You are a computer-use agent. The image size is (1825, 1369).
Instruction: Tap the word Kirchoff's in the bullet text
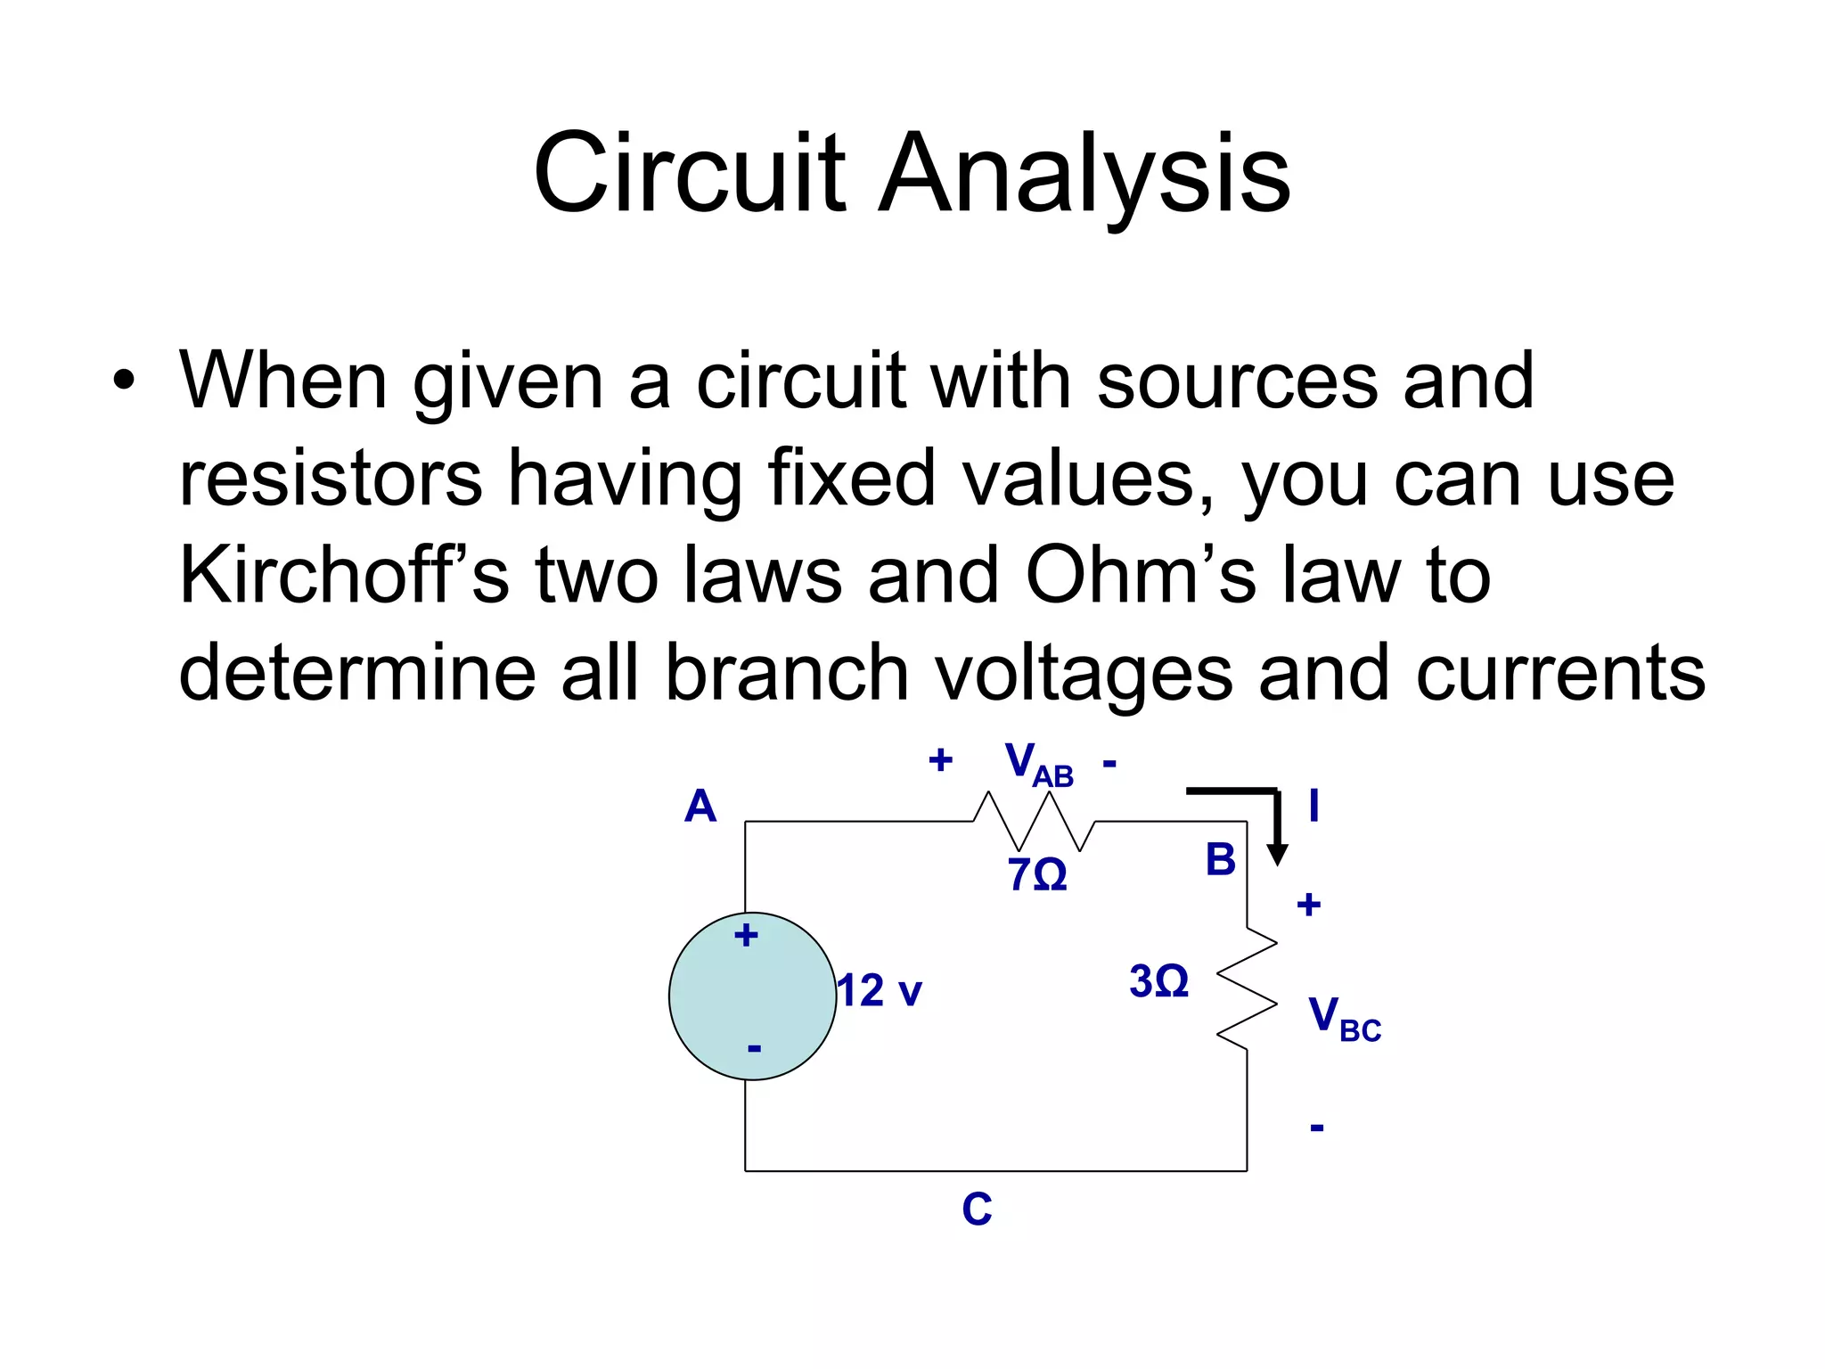tap(343, 575)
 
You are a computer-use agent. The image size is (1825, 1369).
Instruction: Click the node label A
tap(700, 807)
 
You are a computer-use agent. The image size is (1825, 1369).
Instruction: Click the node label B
tap(1220, 860)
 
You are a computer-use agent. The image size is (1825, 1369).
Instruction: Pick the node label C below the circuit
tap(977, 1209)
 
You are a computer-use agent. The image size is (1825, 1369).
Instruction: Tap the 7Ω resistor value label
tap(1036, 875)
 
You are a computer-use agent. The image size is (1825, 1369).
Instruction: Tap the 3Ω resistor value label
tap(1158, 981)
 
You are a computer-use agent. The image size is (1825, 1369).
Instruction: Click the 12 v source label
tap(880, 991)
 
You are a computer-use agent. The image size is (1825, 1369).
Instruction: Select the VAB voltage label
tap(1038, 765)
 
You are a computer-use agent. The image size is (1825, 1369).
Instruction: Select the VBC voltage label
tap(1343, 1018)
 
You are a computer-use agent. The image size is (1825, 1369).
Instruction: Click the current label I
tap(1314, 807)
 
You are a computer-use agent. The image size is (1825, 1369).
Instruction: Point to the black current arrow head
tap(1277, 855)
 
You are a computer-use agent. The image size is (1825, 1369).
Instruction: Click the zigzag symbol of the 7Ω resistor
tap(1034, 821)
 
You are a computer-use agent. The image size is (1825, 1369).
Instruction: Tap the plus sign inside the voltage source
tap(746, 935)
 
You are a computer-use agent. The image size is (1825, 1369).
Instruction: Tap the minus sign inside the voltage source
tap(754, 1048)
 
